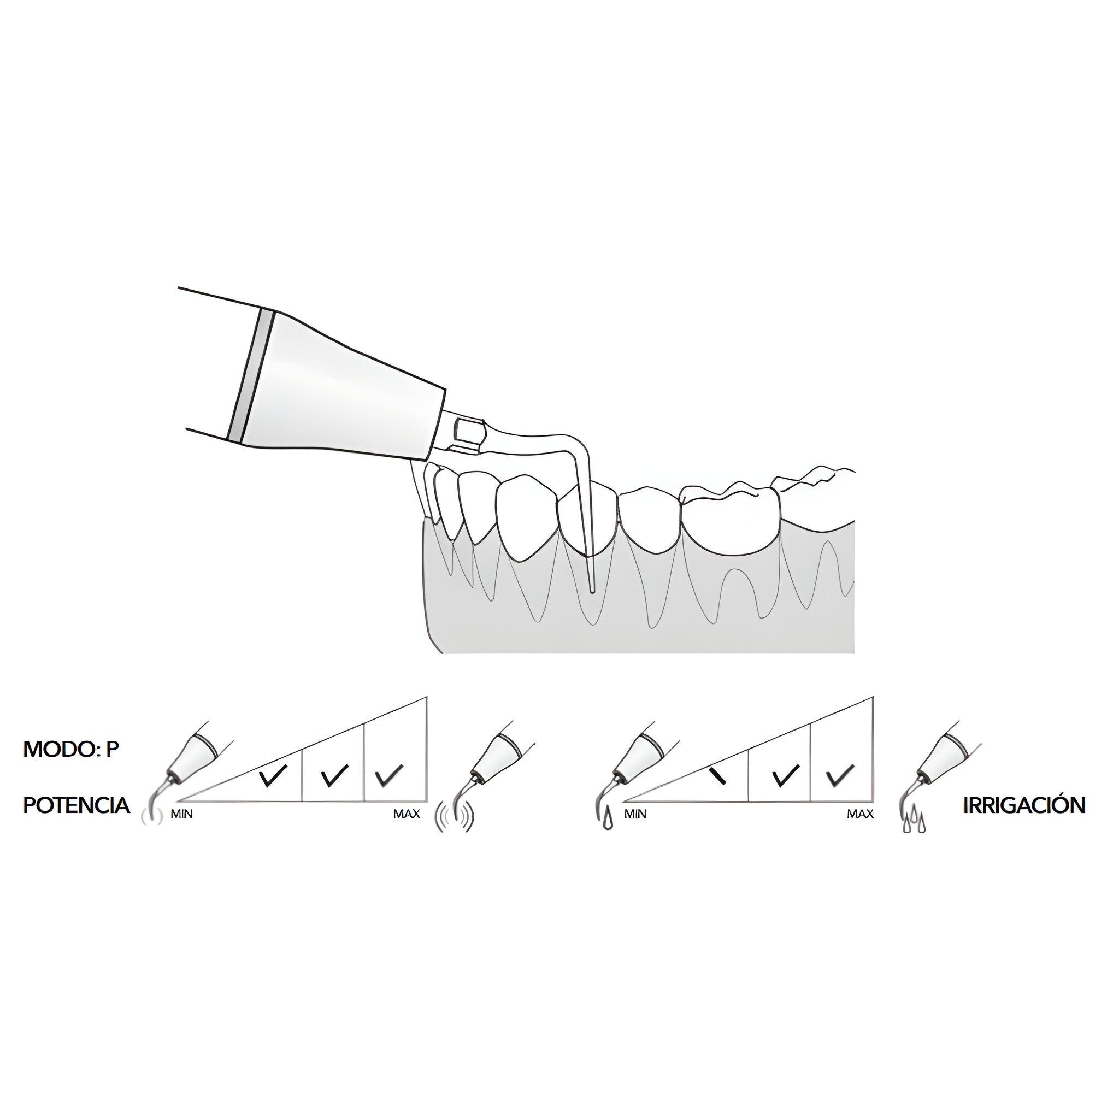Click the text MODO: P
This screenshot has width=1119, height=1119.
point(70,750)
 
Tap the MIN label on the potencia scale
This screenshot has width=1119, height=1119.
point(181,814)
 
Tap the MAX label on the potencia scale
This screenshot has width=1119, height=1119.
point(407,814)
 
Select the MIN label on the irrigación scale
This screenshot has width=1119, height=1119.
point(635,814)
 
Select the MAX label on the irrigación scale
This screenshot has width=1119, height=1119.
point(860,814)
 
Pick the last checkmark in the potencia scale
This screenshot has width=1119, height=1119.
point(388,776)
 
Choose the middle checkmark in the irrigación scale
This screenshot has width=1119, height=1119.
point(785,776)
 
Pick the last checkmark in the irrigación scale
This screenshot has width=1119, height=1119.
point(840,776)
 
